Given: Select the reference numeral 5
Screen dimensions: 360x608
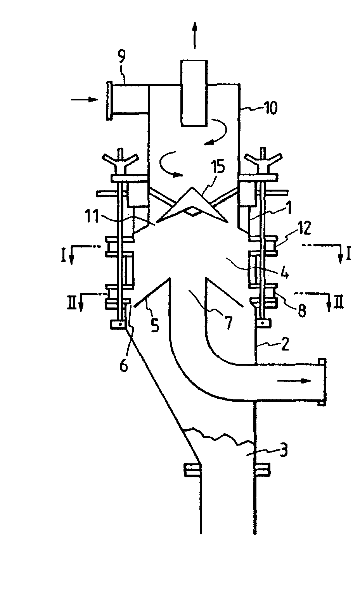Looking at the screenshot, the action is (x=155, y=325).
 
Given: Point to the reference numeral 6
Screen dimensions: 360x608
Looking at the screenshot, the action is (x=123, y=366).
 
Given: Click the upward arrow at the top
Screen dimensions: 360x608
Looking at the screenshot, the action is (x=194, y=35).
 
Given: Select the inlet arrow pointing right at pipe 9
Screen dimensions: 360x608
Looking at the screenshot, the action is (x=84, y=100).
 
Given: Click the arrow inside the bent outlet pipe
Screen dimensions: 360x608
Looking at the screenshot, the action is (x=294, y=381).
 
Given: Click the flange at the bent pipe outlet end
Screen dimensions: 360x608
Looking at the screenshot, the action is (x=322, y=382).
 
